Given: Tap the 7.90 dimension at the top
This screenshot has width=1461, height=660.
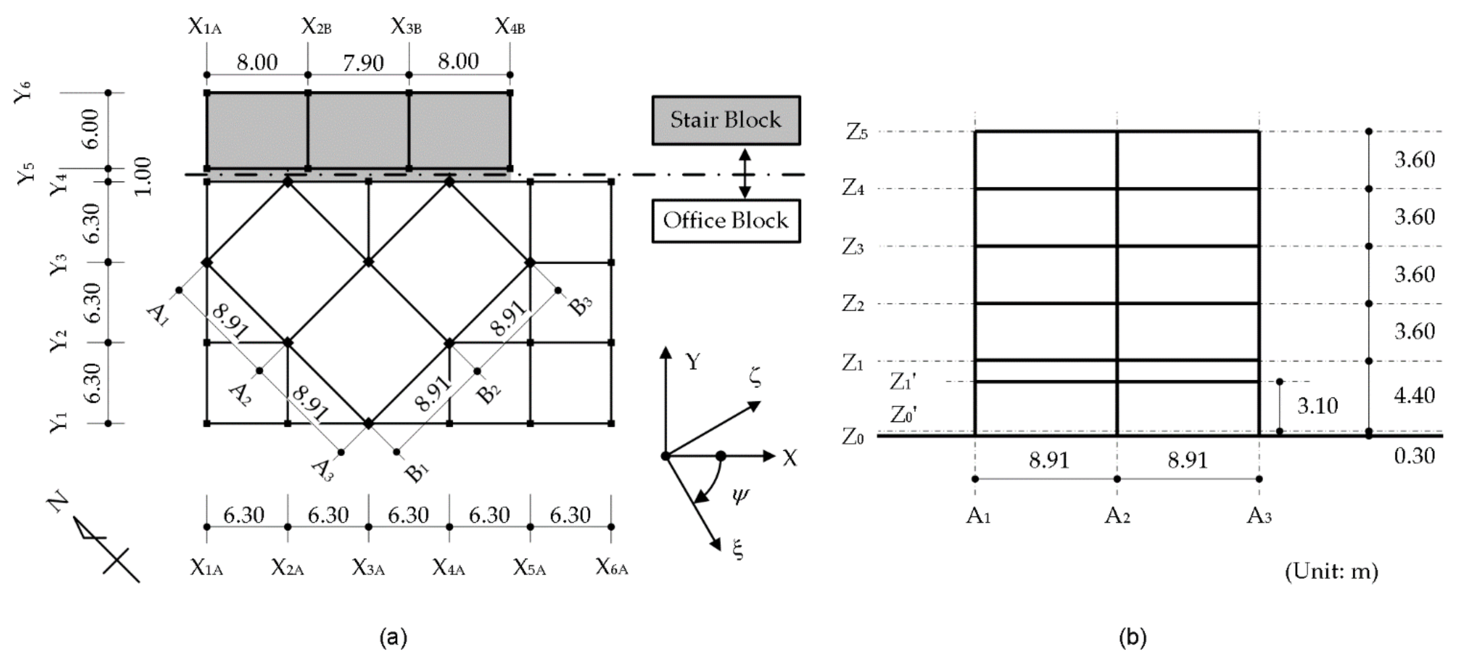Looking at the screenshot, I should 363,62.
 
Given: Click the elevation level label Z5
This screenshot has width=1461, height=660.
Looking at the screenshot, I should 856,132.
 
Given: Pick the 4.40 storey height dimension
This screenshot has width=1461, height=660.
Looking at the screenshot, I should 1414,395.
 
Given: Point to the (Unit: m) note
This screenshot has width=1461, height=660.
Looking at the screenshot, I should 1330,571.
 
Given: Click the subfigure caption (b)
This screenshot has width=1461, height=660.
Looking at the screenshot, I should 1132,637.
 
